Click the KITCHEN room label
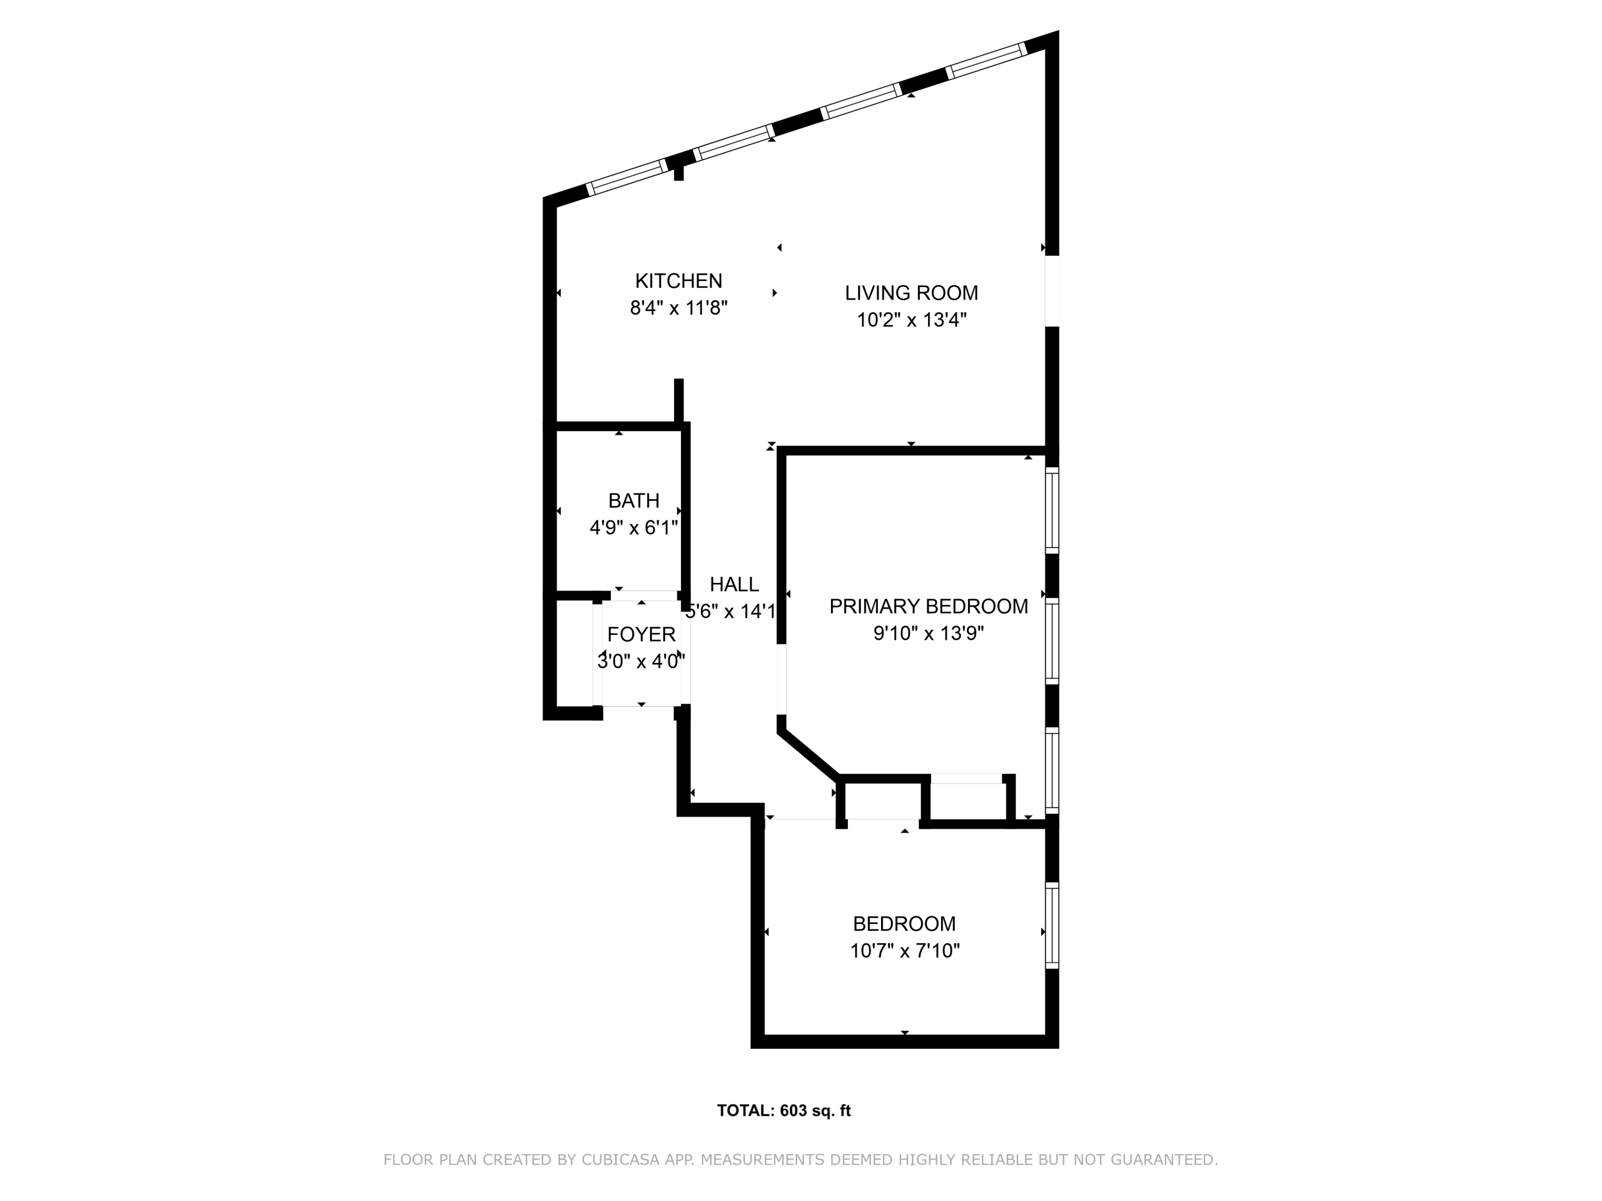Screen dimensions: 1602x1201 point(678,281)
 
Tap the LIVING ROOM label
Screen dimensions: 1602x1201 point(911,293)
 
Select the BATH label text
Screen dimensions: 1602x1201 point(634,501)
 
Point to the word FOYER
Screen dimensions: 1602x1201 point(641,635)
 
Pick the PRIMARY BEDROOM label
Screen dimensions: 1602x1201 point(929,607)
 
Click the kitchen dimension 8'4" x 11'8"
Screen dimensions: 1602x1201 point(678,308)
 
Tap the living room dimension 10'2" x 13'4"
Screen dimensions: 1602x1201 point(912,320)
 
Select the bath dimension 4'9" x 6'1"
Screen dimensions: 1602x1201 point(634,528)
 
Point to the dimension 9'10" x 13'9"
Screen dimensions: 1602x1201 point(929,634)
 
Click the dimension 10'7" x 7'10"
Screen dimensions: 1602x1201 point(904,951)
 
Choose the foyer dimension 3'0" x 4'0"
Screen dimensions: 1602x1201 point(641,661)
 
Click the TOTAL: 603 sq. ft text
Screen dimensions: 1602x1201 point(783,1110)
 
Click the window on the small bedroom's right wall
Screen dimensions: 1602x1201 point(1051,925)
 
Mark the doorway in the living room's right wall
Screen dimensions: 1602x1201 point(1051,291)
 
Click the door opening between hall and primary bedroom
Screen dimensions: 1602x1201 point(782,679)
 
